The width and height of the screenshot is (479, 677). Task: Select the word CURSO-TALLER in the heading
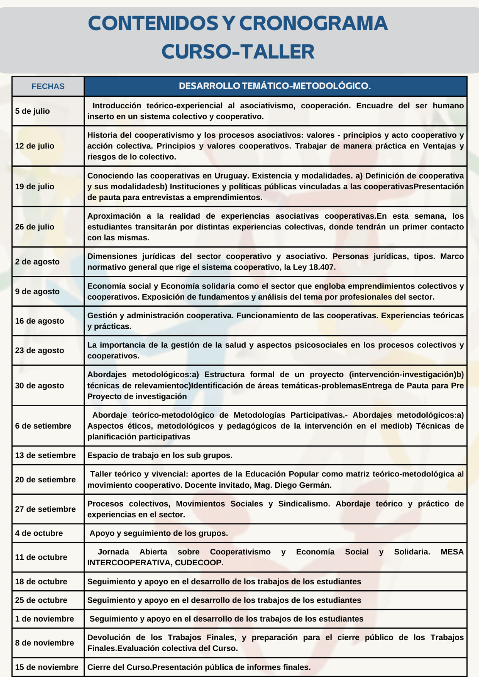pyautogui.click(x=238, y=52)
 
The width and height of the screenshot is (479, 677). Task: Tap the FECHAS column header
pyautogui.click(x=48, y=86)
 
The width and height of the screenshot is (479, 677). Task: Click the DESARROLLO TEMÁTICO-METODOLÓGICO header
pyautogui.click(x=275, y=86)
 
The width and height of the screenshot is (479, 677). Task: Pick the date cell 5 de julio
pyautogui.click(x=33, y=111)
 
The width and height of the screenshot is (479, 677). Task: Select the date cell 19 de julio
pyautogui.click(x=35, y=187)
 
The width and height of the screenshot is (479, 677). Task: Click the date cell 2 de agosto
pyautogui.click(x=37, y=262)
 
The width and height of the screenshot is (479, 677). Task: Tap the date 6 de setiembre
pyautogui.click(x=43, y=426)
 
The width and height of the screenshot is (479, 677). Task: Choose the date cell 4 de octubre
pyautogui.click(x=39, y=533)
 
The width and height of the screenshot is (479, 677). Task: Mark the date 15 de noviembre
pyautogui.click(x=47, y=667)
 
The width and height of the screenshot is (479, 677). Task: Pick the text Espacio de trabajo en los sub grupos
pyautogui.click(x=160, y=456)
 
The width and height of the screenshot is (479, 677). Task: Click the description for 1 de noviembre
pyautogui.click(x=226, y=619)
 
